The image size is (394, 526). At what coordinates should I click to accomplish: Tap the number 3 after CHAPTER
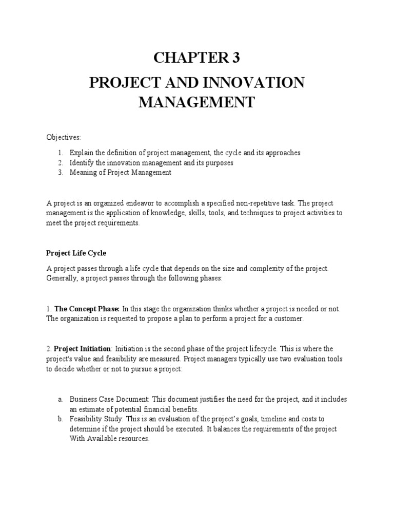pyautogui.click(x=236, y=59)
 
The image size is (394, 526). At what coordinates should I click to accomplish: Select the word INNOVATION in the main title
pyautogui.click(x=254, y=82)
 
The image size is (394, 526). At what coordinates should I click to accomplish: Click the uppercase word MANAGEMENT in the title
pyautogui.click(x=197, y=102)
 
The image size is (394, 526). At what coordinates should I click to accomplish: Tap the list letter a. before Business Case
pyautogui.click(x=60, y=399)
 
